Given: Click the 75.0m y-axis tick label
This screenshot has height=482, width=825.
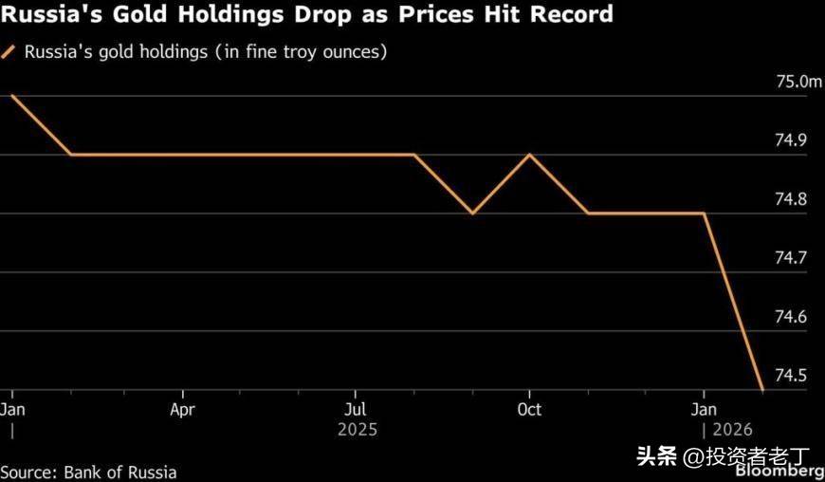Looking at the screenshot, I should click(799, 83).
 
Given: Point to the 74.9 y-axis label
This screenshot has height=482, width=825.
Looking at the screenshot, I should click(793, 141).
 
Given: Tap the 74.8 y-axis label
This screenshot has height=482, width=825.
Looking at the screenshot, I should click(793, 200).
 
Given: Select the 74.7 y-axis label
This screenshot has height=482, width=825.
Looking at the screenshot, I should click(793, 258).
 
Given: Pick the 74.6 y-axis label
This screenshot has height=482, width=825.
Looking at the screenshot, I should click(793, 317).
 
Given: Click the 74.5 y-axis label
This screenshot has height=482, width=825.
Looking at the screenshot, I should click(793, 376).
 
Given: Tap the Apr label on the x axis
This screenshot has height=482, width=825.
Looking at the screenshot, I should click(182, 410).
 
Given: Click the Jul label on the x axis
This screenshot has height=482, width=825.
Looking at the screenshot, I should click(356, 410).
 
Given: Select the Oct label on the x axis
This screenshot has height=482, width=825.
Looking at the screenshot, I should click(529, 410).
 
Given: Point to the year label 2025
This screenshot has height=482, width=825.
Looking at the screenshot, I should click(357, 430).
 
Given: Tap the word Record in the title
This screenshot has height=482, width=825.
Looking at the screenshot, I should click(565, 15).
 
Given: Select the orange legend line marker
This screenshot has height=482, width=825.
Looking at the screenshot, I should click(9, 52).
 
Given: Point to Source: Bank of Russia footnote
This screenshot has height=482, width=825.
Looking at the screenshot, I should click(88, 472).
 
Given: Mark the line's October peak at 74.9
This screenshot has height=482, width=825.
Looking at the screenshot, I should click(529, 155).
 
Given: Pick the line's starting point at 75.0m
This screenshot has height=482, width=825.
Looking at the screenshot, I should click(12, 95).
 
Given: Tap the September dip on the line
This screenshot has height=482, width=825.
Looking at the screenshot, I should click(472, 213).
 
